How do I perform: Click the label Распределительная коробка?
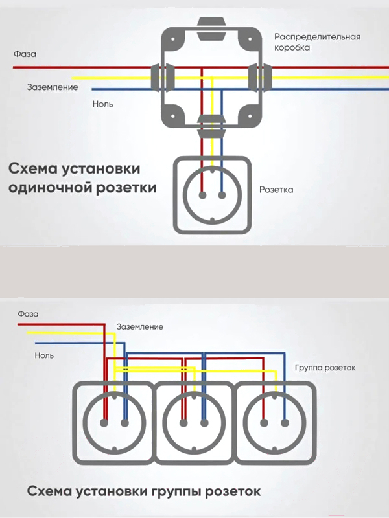(x=317, y=41)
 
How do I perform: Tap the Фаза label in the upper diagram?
(x=25, y=54)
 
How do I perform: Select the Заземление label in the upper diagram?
(x=53, y=87)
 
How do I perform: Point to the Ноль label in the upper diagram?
(x=102, y=104)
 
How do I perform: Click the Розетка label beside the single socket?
(x=276, y=190)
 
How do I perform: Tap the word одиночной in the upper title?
(x=50, y=188)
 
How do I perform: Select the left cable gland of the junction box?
(x=160, y=77)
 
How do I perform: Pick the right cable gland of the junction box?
(x=261, y=77)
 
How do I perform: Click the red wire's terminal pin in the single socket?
(x=202, y=196)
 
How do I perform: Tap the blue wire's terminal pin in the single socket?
(x=222, y=196)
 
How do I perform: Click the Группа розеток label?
(x=325, y=368)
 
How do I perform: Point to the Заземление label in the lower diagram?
(x=140, y=327)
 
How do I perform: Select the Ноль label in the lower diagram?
(x=44, y=355)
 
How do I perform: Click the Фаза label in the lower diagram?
(x=28, y=314)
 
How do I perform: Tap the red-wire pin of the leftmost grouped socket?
(x=104, y=423)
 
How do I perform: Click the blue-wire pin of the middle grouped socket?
(x=204, y=423)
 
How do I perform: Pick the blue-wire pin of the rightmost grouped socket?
(x=285, y=423)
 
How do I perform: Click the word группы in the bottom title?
(x=176, y=491)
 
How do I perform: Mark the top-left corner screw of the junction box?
(x=172, y=39)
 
